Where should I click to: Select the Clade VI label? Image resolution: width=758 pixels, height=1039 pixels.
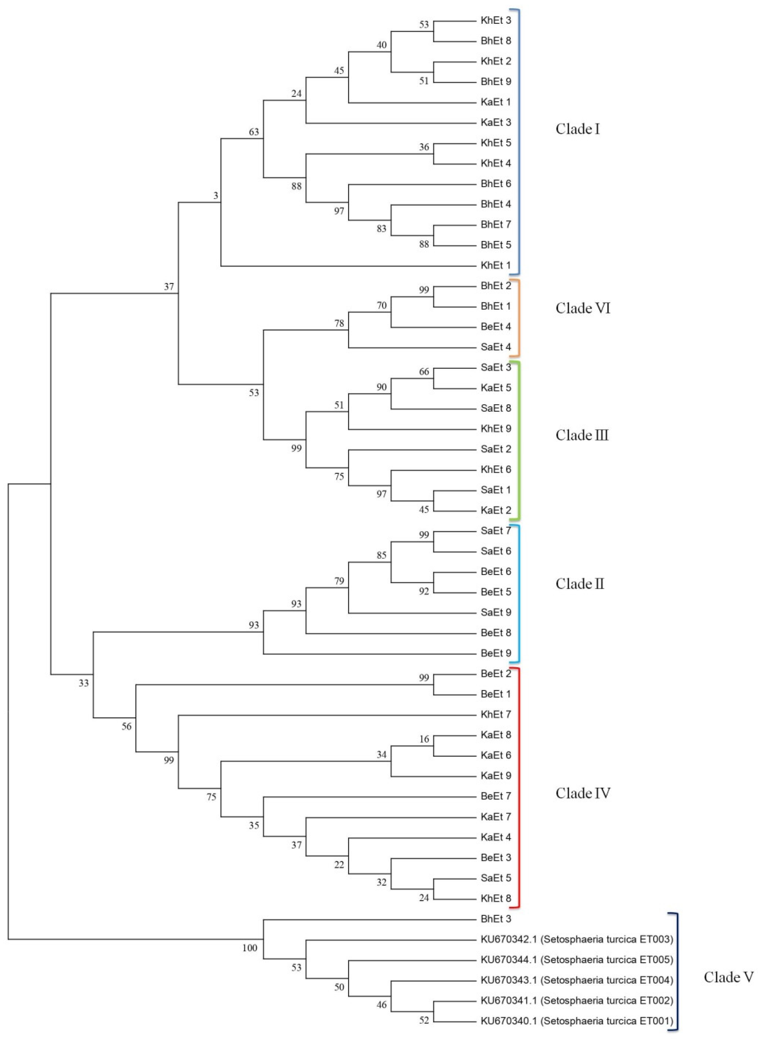point(583,308)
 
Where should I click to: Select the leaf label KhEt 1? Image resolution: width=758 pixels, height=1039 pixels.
point(496,265)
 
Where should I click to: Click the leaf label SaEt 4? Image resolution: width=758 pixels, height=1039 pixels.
point(496,347)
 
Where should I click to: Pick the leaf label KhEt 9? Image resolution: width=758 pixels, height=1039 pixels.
point(496,429)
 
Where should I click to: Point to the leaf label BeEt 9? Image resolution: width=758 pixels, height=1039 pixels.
point(496,653)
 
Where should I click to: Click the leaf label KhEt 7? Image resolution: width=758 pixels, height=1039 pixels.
point(496,714)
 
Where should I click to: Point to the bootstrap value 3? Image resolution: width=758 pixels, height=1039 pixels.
point(216,196)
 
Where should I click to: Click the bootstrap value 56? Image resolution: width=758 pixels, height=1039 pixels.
point(126,726)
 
